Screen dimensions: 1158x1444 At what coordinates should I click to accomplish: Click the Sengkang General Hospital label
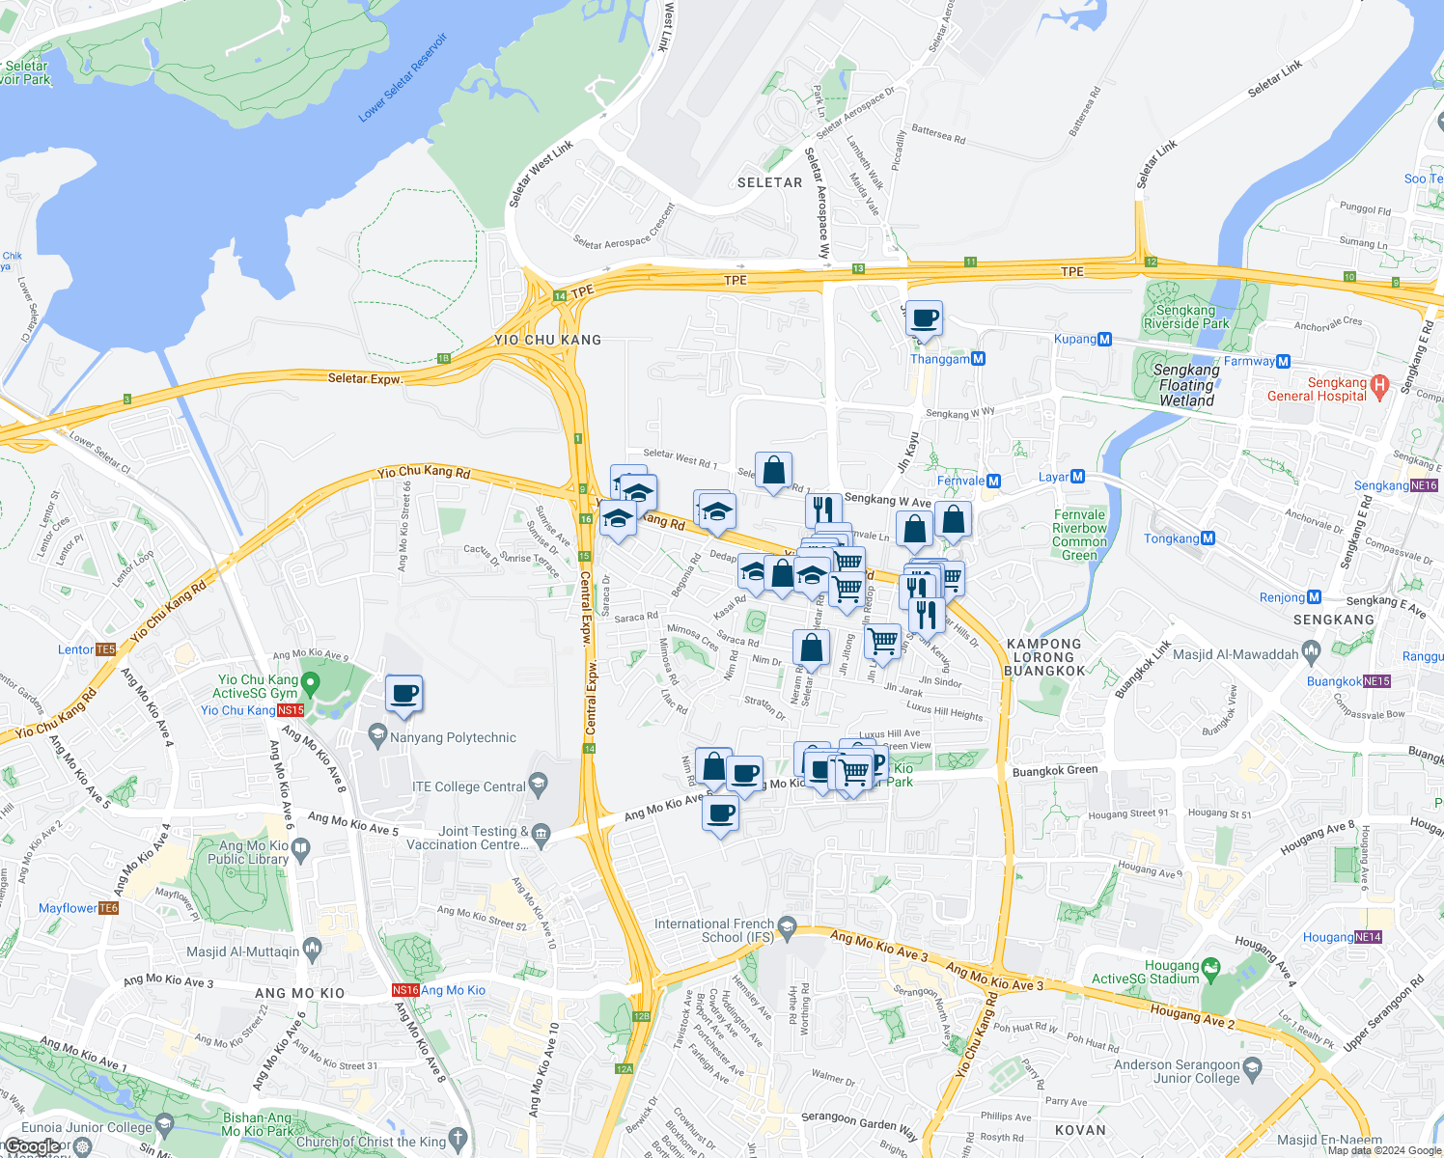click(x=1318, y=389)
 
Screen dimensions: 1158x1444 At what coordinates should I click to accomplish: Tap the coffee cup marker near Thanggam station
click(x=924, y=319)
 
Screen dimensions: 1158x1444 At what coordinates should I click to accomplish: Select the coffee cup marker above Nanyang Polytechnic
click(x=404, y=694)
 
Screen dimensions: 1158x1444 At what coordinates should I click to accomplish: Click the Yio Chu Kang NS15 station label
click(x=252, y=710)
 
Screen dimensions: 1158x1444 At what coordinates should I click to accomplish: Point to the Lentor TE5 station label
click(x=87, y=649)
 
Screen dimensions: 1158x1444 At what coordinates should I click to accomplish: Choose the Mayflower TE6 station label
click(x=78, y=908)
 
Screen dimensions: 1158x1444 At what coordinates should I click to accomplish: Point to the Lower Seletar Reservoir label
click(x=403, y=78)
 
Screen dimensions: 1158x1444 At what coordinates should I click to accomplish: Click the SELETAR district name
click(x=769, y=182)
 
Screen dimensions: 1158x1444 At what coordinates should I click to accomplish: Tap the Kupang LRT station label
click(x=1082, y=339)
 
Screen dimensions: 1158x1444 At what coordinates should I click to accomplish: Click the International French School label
click(x=714, y=930)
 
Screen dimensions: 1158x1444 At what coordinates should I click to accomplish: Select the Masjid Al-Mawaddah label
click(x=1236, y=654)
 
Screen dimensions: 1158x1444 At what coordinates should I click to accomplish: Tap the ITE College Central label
click(x=469, y=786)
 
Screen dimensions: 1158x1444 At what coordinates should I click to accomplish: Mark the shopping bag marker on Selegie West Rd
click(x=773, y=472)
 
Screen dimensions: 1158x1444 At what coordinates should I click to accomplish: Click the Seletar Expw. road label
click(x=365, y=378)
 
